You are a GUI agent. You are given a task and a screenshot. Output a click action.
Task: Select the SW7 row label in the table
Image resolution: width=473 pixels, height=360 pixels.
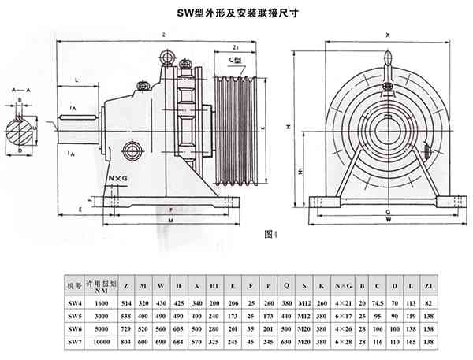pos(73,341)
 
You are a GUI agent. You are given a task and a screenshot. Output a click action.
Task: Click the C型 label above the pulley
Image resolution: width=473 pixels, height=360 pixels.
pos(234,61)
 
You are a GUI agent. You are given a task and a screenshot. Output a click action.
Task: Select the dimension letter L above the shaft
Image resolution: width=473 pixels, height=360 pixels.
pos(76,80)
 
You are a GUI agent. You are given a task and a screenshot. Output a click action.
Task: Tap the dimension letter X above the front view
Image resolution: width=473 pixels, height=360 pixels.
pos(387,35)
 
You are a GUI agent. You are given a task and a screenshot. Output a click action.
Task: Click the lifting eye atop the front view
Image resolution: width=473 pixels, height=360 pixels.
pos(387,59)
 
